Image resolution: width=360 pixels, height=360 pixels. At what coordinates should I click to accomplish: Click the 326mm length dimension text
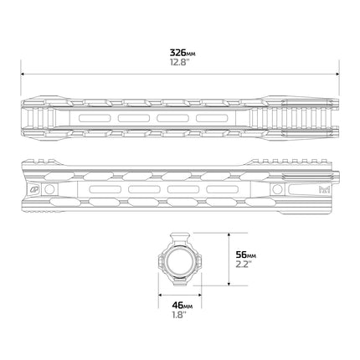[183, 53]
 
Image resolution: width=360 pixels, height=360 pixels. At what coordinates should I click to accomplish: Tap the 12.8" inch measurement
[180, 62]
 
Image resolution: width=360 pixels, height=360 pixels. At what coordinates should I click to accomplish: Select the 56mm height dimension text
[246, 255]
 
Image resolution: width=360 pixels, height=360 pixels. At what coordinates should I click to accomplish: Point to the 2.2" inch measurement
[244, 264]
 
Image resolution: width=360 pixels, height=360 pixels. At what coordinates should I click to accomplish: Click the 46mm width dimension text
[183, 306]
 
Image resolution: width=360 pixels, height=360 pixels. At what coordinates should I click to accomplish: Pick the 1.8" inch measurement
[179, 315]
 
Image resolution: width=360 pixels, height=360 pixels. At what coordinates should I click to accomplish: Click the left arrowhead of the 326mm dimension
[23, 75]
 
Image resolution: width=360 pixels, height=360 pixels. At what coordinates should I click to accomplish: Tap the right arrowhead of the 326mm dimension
[337, 75]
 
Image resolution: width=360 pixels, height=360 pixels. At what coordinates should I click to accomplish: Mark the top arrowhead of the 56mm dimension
[229, 234]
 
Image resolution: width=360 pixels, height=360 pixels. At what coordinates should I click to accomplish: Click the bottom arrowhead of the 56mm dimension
[229, 284]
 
